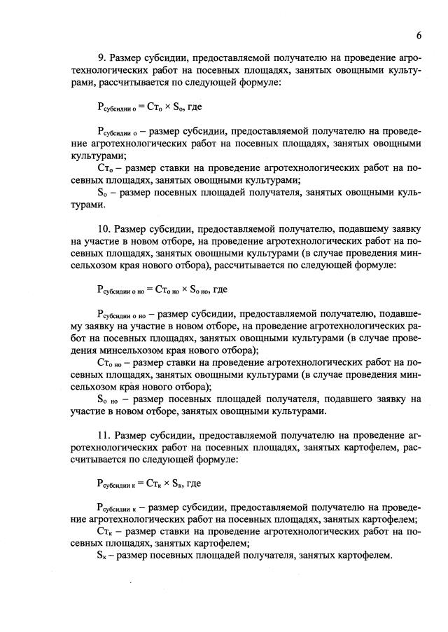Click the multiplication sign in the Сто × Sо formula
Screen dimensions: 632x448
click(171, 108)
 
